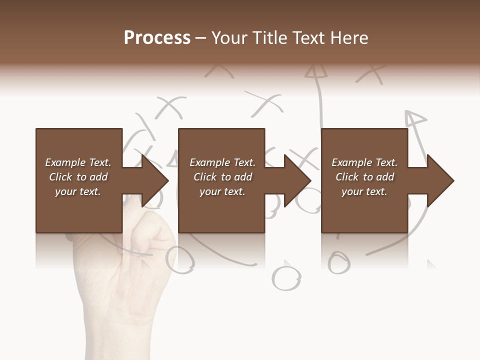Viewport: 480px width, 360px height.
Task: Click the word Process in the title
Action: (157, 38)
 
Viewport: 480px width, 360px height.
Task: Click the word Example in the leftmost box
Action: (65, 162)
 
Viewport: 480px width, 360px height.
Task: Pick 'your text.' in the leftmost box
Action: (78, 191)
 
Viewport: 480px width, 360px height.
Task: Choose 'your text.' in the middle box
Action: (222, 191)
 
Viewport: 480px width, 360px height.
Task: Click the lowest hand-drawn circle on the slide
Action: (286, 278)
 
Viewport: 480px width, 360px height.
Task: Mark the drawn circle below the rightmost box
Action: (339, 262)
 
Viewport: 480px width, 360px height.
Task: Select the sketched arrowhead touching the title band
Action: (315, 71)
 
